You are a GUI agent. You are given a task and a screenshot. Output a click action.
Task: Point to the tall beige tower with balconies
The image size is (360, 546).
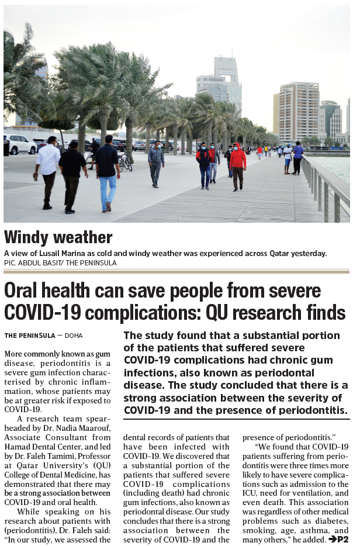coord(298,111)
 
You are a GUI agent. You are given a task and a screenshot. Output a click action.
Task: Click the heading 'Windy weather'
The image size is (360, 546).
coord(58,237)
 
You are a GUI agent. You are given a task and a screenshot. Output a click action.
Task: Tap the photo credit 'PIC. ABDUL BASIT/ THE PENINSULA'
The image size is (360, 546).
coord(60,263)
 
